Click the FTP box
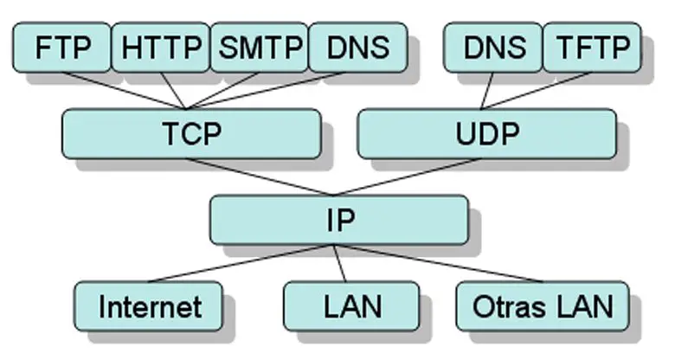61,47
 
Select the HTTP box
161,47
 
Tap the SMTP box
259,47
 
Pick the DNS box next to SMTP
357,47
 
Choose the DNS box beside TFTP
492,47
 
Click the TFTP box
591,47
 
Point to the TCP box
191,133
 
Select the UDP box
486,133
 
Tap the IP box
338,219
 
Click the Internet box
149,305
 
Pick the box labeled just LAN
351,305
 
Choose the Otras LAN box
543,305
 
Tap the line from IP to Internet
242,263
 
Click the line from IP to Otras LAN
438,263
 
